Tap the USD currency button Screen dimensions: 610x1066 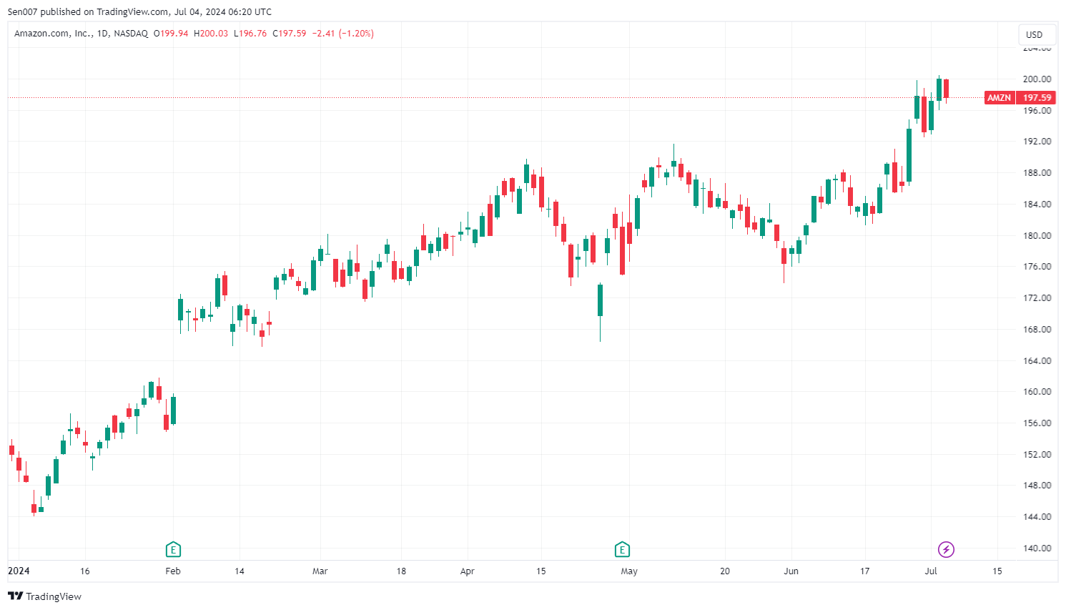1034,34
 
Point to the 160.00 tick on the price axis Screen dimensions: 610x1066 1037,392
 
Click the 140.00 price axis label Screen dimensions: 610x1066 1037,548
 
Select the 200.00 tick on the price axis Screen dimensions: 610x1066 1037,79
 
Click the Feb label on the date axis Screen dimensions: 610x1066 173,571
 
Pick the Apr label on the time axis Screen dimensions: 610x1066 468,571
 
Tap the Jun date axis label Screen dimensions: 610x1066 791,571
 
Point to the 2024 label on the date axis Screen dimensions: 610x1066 19,571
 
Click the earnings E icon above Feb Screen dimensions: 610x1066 173,549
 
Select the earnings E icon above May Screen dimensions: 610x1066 622,549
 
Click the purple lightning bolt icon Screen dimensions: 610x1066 946,549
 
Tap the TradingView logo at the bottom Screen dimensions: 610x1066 45,596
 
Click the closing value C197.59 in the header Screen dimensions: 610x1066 289,34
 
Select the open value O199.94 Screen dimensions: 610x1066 171,34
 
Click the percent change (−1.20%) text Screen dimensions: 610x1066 356,34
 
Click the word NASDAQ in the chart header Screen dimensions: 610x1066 131,34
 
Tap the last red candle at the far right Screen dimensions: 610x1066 946,89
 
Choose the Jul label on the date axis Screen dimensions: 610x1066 931,571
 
